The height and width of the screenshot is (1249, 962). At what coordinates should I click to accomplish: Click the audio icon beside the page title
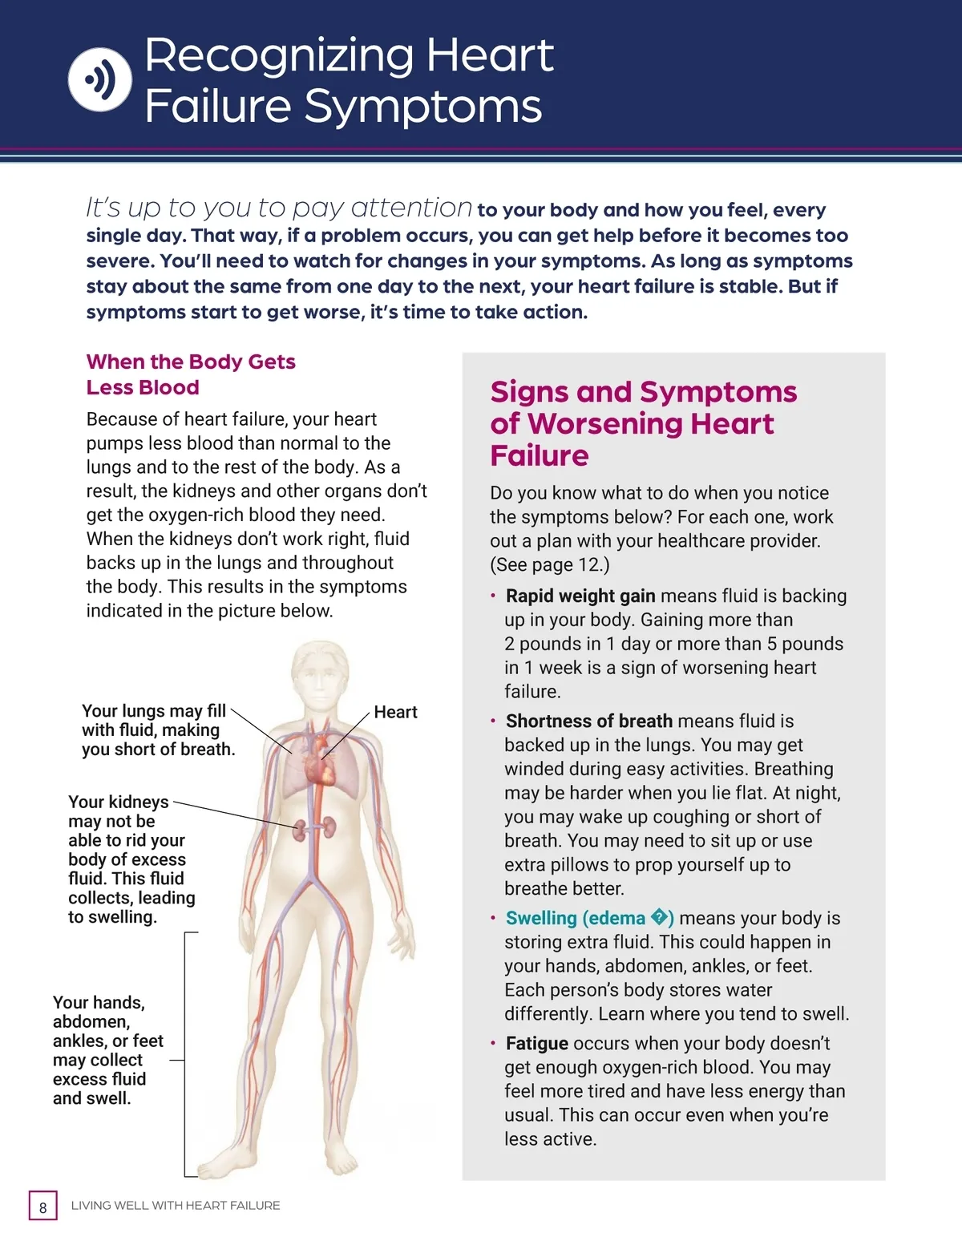(99, 79)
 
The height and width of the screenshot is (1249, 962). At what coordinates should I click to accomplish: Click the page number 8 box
(43, 1207)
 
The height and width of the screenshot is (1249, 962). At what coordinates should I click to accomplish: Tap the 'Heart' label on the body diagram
(395, 712)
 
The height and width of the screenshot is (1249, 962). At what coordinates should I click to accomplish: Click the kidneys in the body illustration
(313, 828)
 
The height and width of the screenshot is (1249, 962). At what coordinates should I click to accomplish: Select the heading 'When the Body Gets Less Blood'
(191, 374)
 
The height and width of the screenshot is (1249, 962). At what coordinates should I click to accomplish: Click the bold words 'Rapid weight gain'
(580, 596)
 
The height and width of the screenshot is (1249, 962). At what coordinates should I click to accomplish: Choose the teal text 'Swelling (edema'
(576, 918)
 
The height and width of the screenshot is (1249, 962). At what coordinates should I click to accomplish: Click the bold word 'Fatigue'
(537, 1043)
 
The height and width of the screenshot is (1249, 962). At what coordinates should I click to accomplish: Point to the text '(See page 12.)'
(550, 564)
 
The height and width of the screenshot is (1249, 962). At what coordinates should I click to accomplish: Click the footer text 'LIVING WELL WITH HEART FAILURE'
(176, 1205)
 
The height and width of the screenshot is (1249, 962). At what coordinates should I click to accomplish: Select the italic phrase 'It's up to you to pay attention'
(279, 208)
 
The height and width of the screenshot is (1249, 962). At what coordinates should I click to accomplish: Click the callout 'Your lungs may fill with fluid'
(158, 730)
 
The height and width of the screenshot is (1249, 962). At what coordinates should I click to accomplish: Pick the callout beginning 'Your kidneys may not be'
(131, 859)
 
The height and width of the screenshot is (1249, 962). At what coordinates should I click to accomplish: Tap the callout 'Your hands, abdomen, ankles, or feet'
(107, 1050)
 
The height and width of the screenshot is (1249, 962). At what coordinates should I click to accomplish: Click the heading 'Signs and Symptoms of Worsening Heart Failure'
(643, 422)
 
